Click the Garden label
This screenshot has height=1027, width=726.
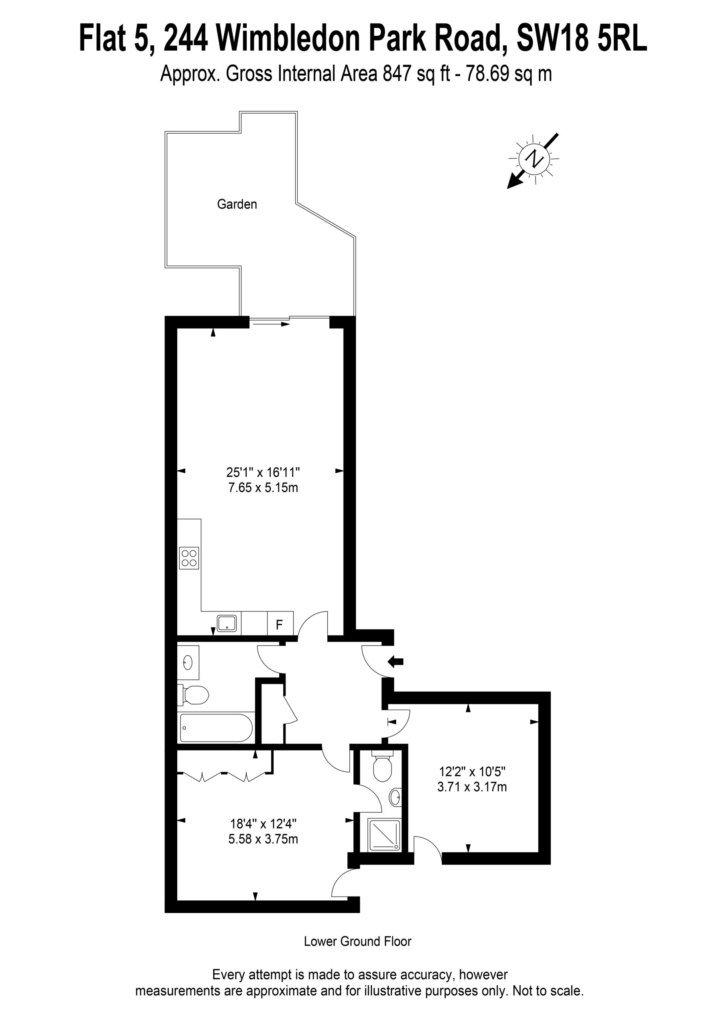click(x=237, y=205)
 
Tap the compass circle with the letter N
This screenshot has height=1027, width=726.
click(x=533, y=158)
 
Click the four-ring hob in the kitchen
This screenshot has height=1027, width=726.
click(x=189, y=558)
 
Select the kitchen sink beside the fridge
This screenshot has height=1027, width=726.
click(x=226, y=623)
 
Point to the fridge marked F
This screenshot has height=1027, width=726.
click(x=280, y=624)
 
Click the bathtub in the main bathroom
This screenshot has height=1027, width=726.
click(x=216, y=728)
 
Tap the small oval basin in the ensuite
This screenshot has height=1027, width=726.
click(x=395, y=797)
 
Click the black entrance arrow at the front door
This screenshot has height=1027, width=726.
click(x=395, y=662)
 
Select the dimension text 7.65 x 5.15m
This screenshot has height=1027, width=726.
click(x=263, y=487)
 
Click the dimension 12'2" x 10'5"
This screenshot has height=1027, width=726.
click(x=472, y=771)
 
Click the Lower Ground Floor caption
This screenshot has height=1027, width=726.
click(x=357, y=941)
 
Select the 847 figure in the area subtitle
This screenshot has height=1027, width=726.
click(x=397, y=74)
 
